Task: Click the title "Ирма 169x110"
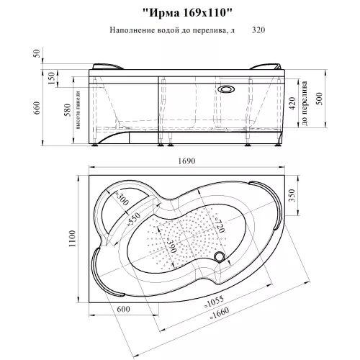click(x=187, y=13)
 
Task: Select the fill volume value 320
click(x=258, y=30)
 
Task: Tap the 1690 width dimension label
click(x=186, y=161)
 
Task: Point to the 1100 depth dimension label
click(x=72, y=239)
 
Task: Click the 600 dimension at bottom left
click(x=123, y=309)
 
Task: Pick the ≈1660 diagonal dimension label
click(x=220, y=313)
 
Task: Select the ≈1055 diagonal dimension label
click(x=214, y=302)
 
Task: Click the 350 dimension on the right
click(x=292, y=195)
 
